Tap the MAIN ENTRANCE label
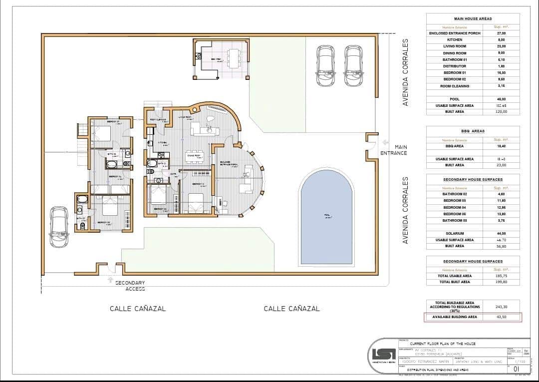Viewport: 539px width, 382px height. (394, 150)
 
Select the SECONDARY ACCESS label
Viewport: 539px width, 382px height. (130, 286)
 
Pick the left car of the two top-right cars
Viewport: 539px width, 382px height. (325, 66)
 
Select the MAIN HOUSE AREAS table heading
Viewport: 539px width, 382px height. (472, 18)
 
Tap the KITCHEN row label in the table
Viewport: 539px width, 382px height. (454, 39)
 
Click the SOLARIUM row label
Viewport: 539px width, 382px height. (454, 233)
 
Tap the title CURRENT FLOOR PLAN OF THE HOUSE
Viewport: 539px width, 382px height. (442, 344)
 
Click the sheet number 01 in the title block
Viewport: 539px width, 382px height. (510, 370)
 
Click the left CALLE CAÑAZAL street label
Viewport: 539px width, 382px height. (138, 309)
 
